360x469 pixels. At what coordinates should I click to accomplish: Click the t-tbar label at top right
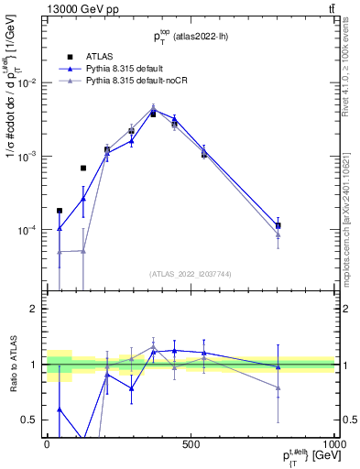(329, 10)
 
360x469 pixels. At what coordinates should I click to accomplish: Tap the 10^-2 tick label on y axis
(30, 82)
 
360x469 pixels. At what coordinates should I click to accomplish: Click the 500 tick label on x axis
(191, 443)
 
